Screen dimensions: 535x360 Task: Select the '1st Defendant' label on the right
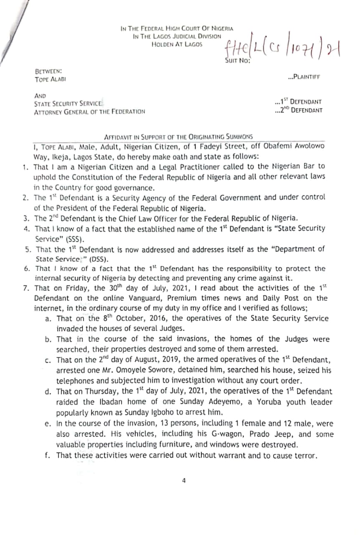click(299, 102)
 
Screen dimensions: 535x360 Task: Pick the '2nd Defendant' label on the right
click(299, 110)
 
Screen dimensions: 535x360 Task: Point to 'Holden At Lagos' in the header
click(177, 43)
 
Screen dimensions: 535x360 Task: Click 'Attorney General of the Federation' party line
click(89, 112)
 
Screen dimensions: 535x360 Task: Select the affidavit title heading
click(178, 137)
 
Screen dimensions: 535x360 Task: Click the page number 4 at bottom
click(183, 481)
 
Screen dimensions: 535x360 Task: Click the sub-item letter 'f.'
click(48, 455)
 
